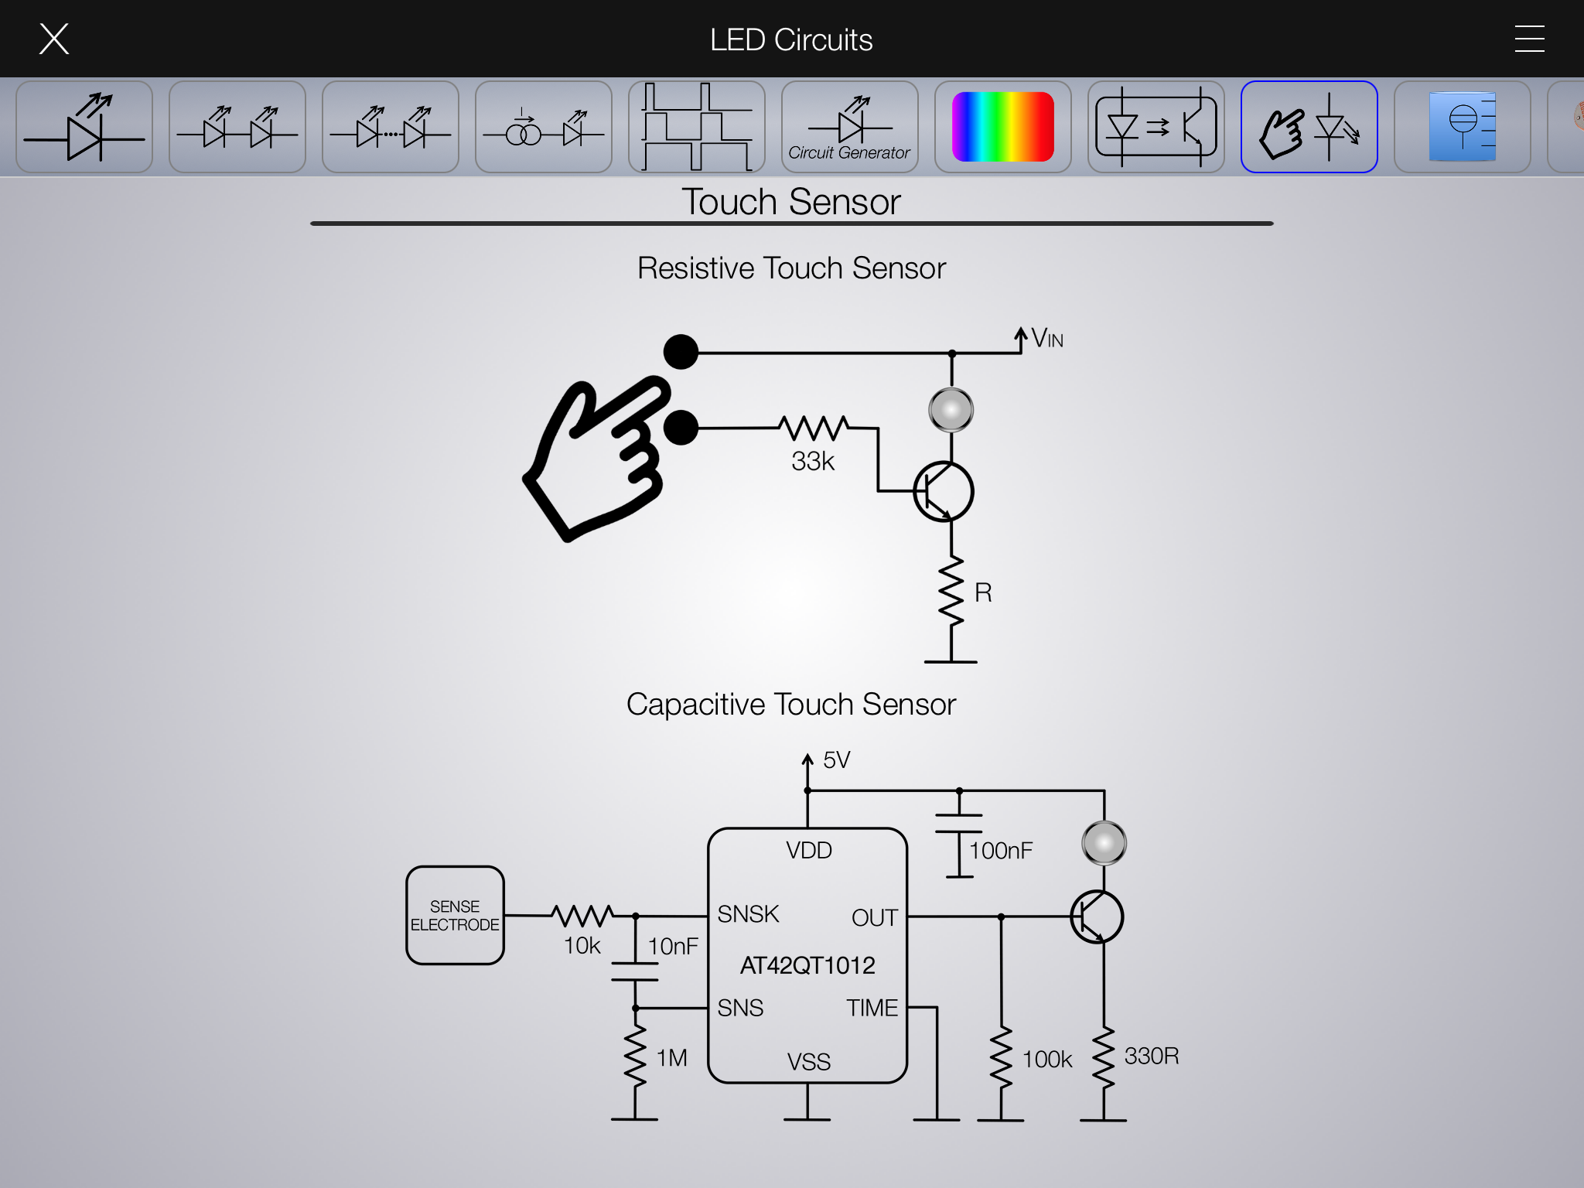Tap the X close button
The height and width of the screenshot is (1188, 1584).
54,39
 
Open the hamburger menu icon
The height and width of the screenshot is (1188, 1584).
1529,39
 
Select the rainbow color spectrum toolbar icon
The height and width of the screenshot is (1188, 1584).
1002,127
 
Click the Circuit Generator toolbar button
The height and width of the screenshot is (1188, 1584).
849,127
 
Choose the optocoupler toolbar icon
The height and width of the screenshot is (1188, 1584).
1156,127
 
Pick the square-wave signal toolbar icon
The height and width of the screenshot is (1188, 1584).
696,127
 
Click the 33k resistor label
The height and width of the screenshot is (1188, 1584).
813,461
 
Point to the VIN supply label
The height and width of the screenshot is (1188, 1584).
1046,338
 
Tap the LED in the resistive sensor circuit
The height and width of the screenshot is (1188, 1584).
951,409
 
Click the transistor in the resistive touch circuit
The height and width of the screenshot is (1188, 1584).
943,492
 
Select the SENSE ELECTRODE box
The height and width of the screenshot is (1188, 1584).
455,915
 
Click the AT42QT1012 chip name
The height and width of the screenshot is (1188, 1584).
807,965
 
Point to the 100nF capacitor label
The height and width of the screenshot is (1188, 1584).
1001,851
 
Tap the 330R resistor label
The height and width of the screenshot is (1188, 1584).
1151,1056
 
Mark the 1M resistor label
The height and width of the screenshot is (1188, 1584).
671,1057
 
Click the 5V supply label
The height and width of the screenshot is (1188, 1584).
836,760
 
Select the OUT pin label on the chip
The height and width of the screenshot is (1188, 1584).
874,917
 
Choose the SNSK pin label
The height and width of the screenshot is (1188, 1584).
748,914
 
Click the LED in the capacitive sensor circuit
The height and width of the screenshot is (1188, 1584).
1104,843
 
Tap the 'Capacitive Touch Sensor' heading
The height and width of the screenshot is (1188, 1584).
791,705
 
